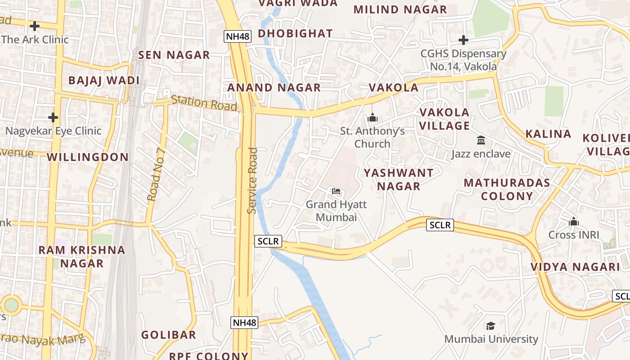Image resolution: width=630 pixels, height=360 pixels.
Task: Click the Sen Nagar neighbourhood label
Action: coord(174,55)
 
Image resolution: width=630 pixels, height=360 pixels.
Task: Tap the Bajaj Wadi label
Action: coord(104,81)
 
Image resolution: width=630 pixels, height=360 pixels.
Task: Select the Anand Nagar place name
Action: coord(274,87)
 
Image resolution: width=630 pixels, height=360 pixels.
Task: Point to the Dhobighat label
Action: coord(295,33)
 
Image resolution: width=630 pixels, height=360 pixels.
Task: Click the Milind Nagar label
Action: coord(400,9)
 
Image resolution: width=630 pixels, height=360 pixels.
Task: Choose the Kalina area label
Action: coord(548,134)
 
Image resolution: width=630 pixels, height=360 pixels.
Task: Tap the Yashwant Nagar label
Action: coord(399,179)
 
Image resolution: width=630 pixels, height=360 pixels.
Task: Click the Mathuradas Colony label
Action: coord(507,189)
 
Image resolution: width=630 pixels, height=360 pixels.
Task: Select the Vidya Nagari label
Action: coord(575,266)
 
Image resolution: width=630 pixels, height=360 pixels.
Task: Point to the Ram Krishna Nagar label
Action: coord(82,256)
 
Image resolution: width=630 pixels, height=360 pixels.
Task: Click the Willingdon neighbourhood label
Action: coord(88,157)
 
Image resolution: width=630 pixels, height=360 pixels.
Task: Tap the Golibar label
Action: coord(169,335)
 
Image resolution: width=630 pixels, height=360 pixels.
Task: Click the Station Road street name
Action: coord(204,103)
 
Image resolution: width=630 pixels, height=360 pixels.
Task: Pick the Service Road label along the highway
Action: coord(252,180)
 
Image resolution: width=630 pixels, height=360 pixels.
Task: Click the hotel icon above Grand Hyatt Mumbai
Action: coord(336,191)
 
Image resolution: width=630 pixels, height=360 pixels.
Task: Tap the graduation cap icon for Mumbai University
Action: coord(490,326)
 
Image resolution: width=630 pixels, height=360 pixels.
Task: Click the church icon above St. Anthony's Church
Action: coord(372,118)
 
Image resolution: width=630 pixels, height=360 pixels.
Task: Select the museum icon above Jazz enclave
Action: coord(481,140)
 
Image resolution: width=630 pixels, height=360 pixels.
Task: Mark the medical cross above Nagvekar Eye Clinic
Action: coord(53,117)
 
